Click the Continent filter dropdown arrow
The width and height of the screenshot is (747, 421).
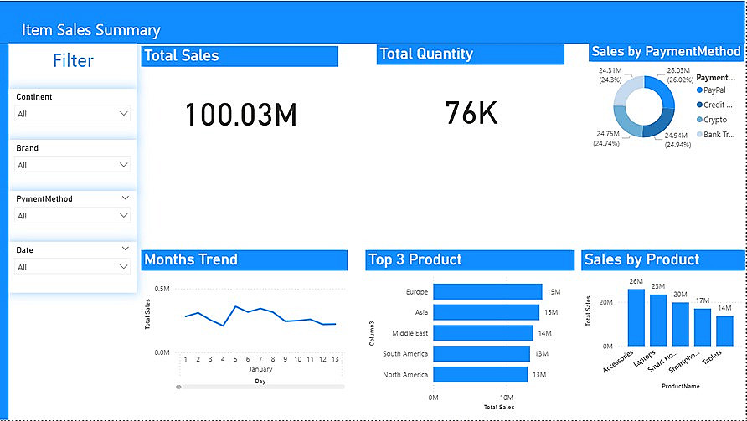pyautogui.click(x=124, y=113)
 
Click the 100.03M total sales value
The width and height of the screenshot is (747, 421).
pyautogui.click(x=241, y=115)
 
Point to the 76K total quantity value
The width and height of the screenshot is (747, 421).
pyautogui.click(x=471, y=112)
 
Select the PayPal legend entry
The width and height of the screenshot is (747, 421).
pyautogui.click(x=714, y=90)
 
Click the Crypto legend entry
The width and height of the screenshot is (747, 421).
pyautogui.click(x=714, y=120)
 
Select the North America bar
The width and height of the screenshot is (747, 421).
pyautogui.click(x=481, y=374)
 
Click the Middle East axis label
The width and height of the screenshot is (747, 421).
pyautogui.click(x=410, y=333)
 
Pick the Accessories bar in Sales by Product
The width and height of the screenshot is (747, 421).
pyautogui.click(x=636, y=317)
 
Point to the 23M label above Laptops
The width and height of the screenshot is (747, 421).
pyautogui.click(x=658, y=286)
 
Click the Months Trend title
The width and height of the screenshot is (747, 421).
pyautogui.click(x=191, y=259)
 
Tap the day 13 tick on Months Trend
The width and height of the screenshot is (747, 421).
pyautogui.click(x=335, y=359)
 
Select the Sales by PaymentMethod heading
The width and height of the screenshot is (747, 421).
pyautogui.click(x=665, y=52)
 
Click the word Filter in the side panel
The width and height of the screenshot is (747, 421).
pyautogui.click(x=73, y=60)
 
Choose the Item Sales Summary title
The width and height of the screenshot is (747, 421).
pyautogui.click(x=90, y=30)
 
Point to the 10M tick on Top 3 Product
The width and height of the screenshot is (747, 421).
pyautogui.click(x=507, y=398)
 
